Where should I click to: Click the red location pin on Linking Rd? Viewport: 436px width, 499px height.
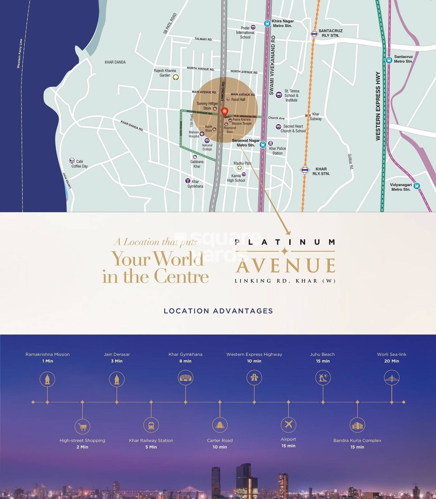(x=224, y=112)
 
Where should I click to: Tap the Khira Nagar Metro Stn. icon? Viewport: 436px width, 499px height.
(x=267, y=23)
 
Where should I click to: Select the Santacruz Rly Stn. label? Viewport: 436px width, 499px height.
(x=330, y=33)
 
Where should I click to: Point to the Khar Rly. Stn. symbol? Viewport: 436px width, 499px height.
(x=305, y=170)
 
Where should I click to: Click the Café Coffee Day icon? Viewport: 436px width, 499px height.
(x=72, y=161)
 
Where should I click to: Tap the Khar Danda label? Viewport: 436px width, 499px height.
(x=115, y=62)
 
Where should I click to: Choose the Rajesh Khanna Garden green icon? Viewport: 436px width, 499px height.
(x=176, y=77)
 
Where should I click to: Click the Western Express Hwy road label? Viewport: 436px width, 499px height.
(x=378, y=106)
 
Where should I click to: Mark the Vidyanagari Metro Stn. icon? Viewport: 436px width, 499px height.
(x=417, y=186)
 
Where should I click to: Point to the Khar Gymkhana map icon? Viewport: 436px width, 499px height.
(x=187, y=181)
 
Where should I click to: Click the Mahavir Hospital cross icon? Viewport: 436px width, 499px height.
(x=202, y=134)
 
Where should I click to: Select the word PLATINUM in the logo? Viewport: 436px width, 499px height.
(x=285, y=242)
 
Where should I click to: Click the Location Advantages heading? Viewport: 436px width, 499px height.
(x=218, y=311)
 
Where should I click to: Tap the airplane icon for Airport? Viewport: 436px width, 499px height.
(x=288, y=424)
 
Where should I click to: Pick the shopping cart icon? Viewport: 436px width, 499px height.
(x=83, y=427)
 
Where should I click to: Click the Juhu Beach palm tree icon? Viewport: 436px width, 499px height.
(x=323, y=378)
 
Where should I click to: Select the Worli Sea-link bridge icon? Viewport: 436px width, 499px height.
(x=391, y=378)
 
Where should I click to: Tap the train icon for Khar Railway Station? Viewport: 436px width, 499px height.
(x=151, y=425)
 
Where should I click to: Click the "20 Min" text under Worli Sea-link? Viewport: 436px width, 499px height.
(x=391, y=361)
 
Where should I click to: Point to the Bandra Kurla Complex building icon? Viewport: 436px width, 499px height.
(x=357, y=425)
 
